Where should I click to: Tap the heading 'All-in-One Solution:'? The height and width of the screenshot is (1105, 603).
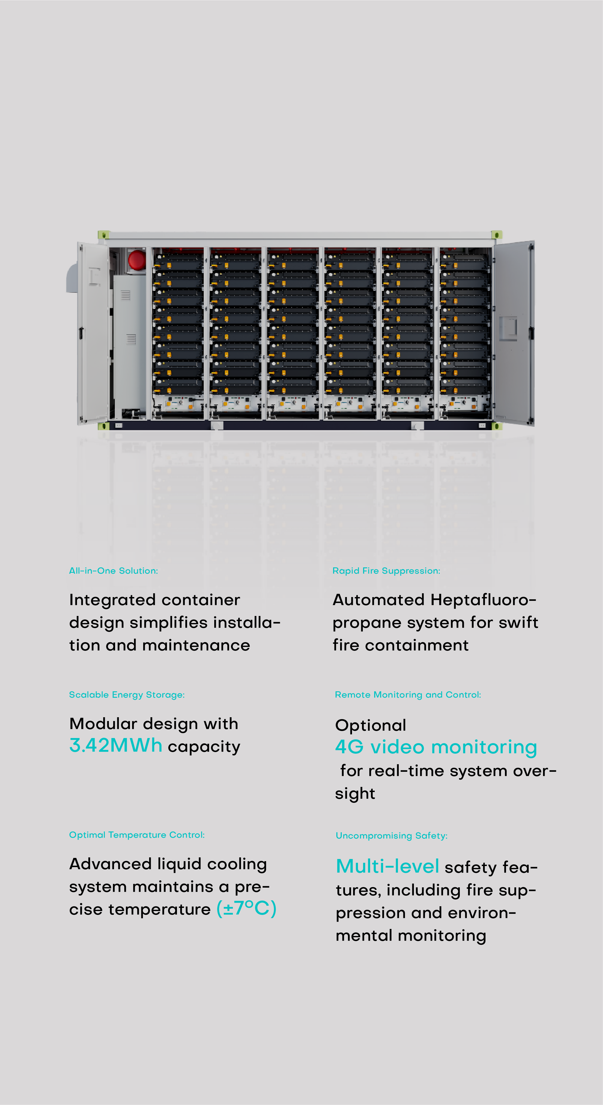point(113,571)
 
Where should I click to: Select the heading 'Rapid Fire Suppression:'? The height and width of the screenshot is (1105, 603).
point(386,571)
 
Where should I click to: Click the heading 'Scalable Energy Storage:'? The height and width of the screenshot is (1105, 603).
point(127,695)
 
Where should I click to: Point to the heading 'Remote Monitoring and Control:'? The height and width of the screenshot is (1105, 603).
point(408,695)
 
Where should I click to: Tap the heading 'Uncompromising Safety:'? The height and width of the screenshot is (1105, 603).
point(391,836)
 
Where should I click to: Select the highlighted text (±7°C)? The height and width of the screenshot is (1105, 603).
point(246,908)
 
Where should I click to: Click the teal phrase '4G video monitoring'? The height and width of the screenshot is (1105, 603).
point(436,747)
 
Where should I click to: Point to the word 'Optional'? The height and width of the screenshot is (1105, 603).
point(370,725)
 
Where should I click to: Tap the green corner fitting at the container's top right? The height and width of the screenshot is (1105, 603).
point(497,235)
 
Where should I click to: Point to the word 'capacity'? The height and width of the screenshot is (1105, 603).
point(204,747)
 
